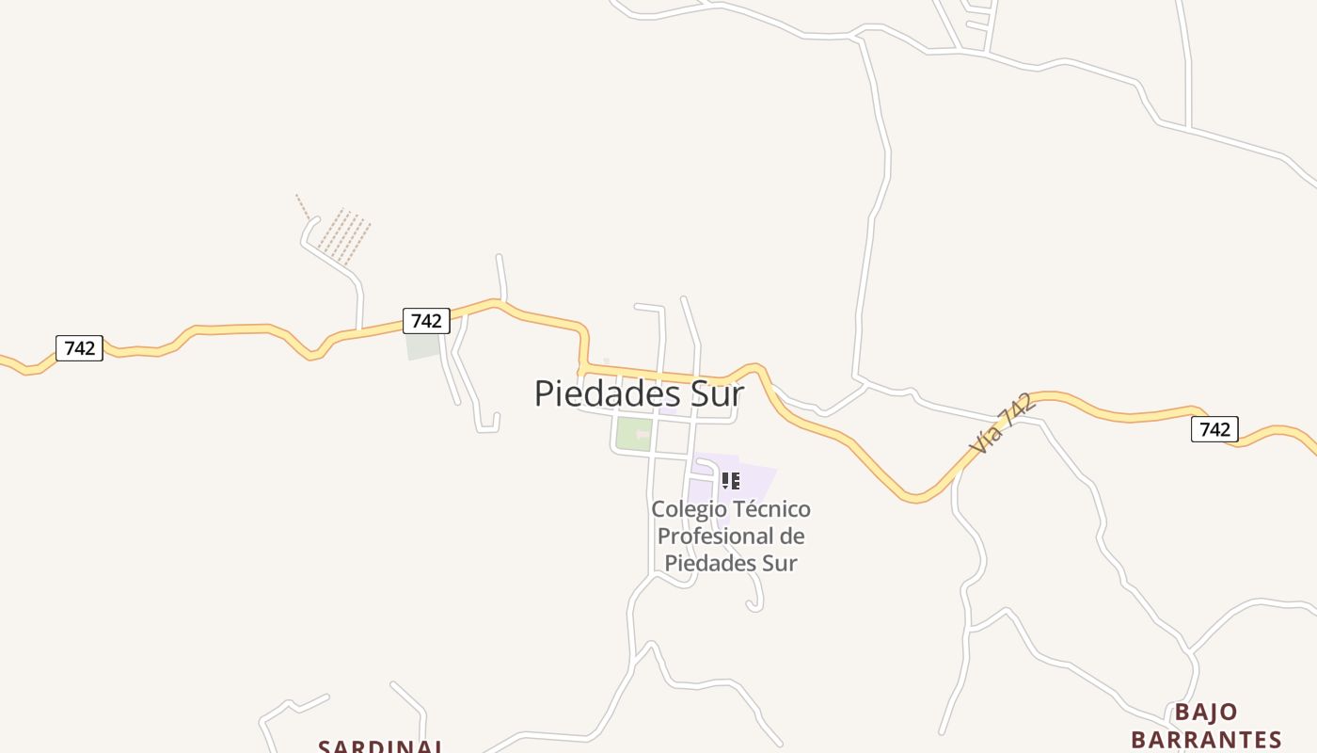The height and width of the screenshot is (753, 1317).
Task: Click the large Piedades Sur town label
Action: [x=639, y=393]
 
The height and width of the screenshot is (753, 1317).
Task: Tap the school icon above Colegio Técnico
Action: [x=731, y=481]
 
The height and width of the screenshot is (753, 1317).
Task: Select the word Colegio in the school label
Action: [x=689, y=509]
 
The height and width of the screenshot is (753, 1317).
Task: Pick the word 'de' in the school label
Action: [x=793, y=537]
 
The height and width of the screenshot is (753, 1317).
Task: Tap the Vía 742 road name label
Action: [x=1003, y=425]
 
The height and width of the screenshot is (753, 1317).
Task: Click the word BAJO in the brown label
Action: [x=1206, y=712]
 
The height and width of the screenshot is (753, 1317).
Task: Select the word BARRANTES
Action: [x=1206, y=739]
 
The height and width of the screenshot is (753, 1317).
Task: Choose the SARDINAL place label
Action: [x=380, y=746]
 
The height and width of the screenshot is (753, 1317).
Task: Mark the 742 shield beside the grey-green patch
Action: [x=426, y=321]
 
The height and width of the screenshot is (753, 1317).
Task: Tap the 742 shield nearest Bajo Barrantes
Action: [x=1214, y=429]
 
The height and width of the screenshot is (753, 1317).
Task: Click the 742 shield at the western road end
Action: [x=79, y=348]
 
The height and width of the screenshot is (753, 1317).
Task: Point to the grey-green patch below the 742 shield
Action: [x=423, y=346]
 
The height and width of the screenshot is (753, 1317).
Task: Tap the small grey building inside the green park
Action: [x=643, y=434]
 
